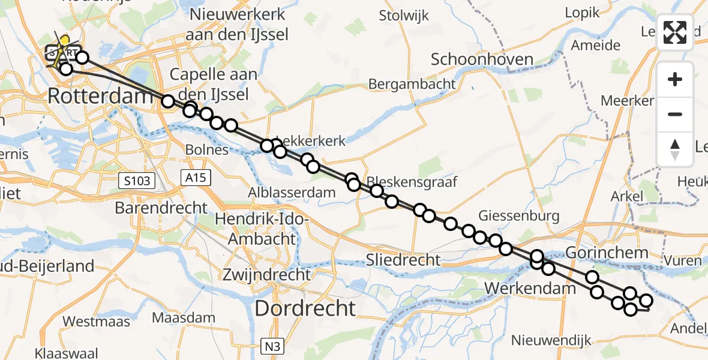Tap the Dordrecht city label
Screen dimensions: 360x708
pyautogui.click(x=305, y=308)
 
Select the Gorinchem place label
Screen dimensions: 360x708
pyautogui.click(x=615, y=253)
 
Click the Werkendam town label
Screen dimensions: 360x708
pyautogui.click(x=529, y=289)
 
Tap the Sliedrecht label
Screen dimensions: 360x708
pyautogui.click(x=404, y=260)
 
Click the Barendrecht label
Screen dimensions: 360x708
pyautogui.click(x=161, y=208)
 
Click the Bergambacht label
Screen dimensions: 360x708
pyautogui.click(x=412, y=83)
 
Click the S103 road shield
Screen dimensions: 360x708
pyautogui.click(x=137, y=179)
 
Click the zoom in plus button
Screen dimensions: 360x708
pyautogui.click(x=675, y=79)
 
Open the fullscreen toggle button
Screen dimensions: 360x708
pyautogui.click(x=675, y=32)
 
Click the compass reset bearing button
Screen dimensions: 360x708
pyautogui.click(x=675, y=149)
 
